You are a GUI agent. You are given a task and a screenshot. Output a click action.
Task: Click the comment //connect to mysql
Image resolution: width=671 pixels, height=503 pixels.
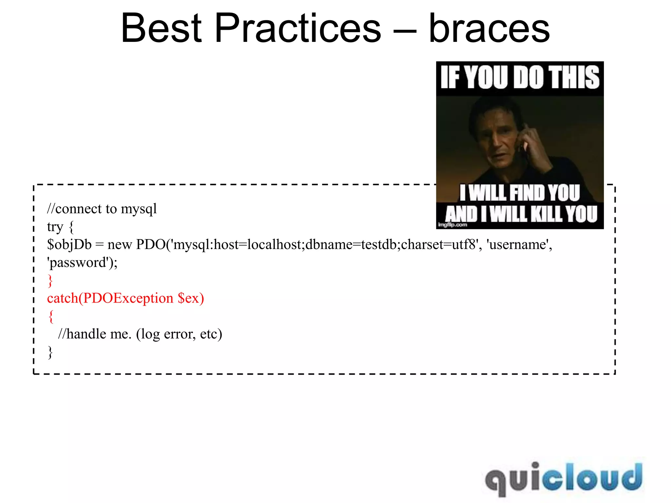102,209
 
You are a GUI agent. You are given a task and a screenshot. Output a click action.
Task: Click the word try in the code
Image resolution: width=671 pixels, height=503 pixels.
55,227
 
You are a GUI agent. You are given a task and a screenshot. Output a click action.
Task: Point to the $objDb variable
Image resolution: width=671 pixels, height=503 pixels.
69,245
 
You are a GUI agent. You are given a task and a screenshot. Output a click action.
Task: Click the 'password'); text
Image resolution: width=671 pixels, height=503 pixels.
82,263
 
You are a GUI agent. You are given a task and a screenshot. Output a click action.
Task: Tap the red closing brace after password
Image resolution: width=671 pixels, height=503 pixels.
50,281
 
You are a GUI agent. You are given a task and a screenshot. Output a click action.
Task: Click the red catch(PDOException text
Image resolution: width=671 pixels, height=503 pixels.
110,298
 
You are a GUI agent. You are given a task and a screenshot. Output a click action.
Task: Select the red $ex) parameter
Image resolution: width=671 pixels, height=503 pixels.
191,298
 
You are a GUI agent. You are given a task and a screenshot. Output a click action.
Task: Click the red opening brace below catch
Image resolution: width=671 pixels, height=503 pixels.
50,316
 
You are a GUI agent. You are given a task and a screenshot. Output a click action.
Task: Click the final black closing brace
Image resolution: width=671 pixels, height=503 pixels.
50,352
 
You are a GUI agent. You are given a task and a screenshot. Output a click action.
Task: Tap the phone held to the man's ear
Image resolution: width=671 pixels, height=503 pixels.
523,144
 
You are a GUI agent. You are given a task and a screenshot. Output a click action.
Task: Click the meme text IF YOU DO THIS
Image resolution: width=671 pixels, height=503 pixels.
520,78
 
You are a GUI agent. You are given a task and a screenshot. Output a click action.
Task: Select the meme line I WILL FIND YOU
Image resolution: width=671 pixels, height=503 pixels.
520,193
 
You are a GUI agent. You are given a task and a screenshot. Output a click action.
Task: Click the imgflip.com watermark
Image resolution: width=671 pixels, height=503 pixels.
452,225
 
